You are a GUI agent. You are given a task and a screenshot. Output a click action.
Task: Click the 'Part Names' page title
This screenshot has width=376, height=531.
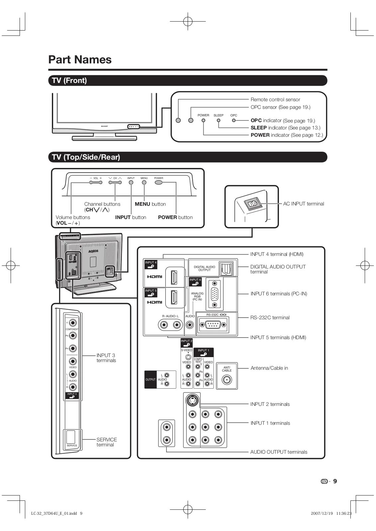(80, 60)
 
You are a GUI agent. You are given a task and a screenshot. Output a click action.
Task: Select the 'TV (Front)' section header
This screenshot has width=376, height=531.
(69, 81)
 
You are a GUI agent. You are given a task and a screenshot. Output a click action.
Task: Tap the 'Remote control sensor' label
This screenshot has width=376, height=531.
(275, 100)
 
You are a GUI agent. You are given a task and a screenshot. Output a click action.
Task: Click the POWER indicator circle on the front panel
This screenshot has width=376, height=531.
(203, 120)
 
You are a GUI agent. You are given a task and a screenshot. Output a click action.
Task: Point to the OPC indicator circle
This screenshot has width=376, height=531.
(234, 120)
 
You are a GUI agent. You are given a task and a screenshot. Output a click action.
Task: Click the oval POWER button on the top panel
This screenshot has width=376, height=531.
(159, 182)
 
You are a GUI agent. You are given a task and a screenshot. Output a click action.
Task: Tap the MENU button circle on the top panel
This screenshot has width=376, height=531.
(144, 182)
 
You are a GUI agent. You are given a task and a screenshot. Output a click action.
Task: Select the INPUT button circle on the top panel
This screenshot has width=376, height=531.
(131, 182)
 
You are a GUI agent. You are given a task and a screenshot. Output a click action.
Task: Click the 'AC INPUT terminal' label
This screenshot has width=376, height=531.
(303, 204)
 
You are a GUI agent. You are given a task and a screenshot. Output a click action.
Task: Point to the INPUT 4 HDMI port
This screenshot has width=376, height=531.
(174, 277)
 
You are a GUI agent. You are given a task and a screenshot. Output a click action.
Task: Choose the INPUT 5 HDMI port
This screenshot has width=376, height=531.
(174, 297)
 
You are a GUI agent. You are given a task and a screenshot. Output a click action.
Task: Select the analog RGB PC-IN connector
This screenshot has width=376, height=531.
(215, 294)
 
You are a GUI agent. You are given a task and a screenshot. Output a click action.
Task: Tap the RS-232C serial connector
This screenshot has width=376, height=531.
(213, 325)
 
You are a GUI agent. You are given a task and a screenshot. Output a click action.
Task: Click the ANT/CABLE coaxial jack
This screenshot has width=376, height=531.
(227, 380)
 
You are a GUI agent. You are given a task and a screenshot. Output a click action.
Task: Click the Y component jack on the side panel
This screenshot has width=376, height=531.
(73, 322)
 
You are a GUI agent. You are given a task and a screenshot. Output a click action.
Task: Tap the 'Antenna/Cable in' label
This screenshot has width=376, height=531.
(269, 368)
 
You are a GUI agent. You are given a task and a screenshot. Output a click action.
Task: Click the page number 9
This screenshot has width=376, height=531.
(335, 481)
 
